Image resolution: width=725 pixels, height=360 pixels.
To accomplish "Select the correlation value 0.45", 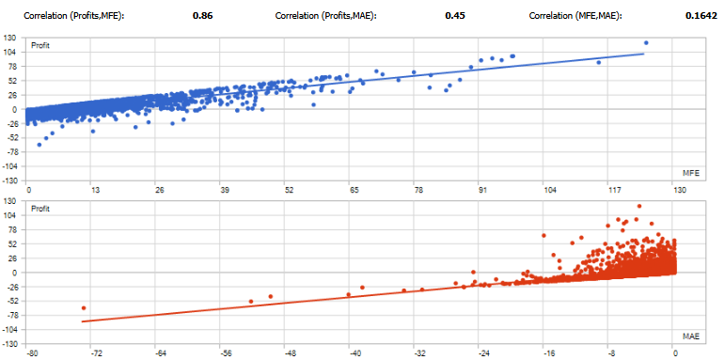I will pyautogui.click(x=453, y=16).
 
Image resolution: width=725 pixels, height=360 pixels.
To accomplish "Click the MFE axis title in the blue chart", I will pyautogui.click(x=689, y=173).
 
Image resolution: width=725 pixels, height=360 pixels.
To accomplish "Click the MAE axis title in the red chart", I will pyautogui.click(x=689, y=336).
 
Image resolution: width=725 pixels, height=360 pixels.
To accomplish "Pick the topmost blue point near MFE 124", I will pyautogui.click(x=646, y=42).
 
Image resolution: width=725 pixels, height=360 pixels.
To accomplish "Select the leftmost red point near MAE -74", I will pyautogui.click(x=84, y=308).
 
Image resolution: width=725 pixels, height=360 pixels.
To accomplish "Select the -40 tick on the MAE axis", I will pyautogui.click(x=354, y=353).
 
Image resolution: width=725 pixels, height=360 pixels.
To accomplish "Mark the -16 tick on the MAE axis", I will pyautogui.click(x=546, y=353).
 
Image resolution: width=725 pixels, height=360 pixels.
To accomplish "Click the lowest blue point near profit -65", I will pyautogui.click(x=39, y=144).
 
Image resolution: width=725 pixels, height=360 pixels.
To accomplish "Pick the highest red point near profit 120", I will pyautogui.click(x=639, y=206).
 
